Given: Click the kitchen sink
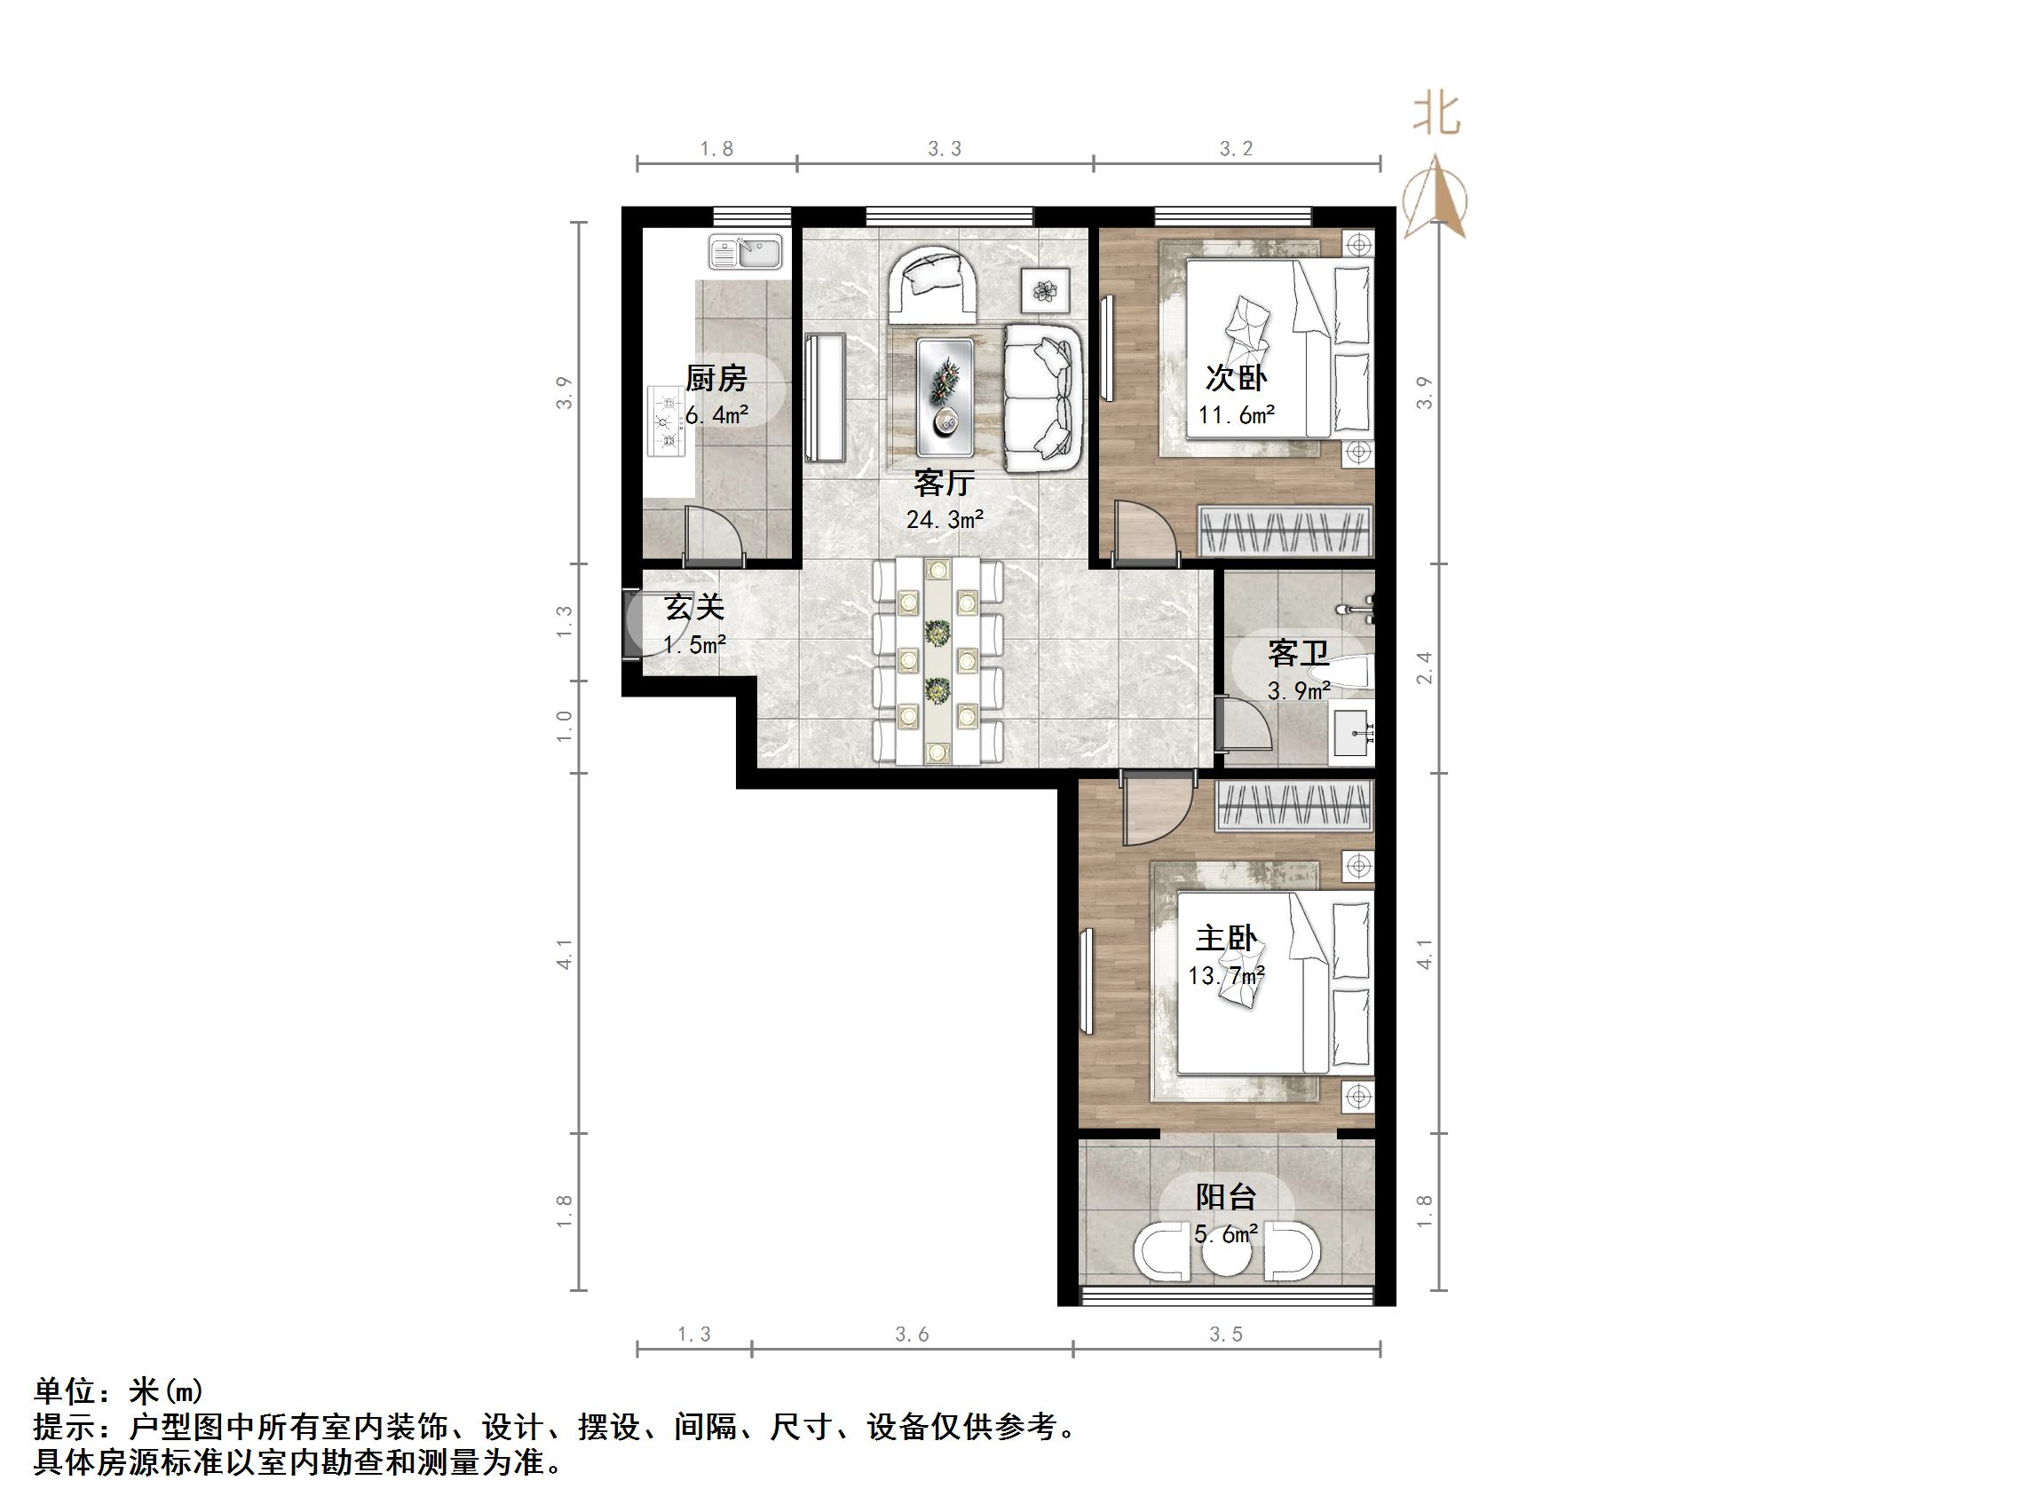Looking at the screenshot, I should coord(745,251).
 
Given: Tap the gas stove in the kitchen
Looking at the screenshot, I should coord(667,421).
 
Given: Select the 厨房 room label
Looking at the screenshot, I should coord(716,377).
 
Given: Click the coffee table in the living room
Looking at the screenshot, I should coord(945,397).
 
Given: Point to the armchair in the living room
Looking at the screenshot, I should coord(932,282).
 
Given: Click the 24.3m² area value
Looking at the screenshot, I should coord(945,519).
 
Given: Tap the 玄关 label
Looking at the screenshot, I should coord(694,606).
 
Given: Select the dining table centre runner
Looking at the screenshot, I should coord(937,662).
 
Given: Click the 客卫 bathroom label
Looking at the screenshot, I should coord(1298,653).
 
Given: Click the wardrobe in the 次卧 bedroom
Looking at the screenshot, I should coord(1285,530).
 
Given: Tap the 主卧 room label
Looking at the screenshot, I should coord(1226,938).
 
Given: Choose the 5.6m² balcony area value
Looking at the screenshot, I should coord(1226,1235).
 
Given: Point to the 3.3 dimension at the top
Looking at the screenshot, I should coord(945,148).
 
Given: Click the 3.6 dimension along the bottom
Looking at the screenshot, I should coord(911,1335).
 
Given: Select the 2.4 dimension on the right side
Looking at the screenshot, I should coord(1424,668).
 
